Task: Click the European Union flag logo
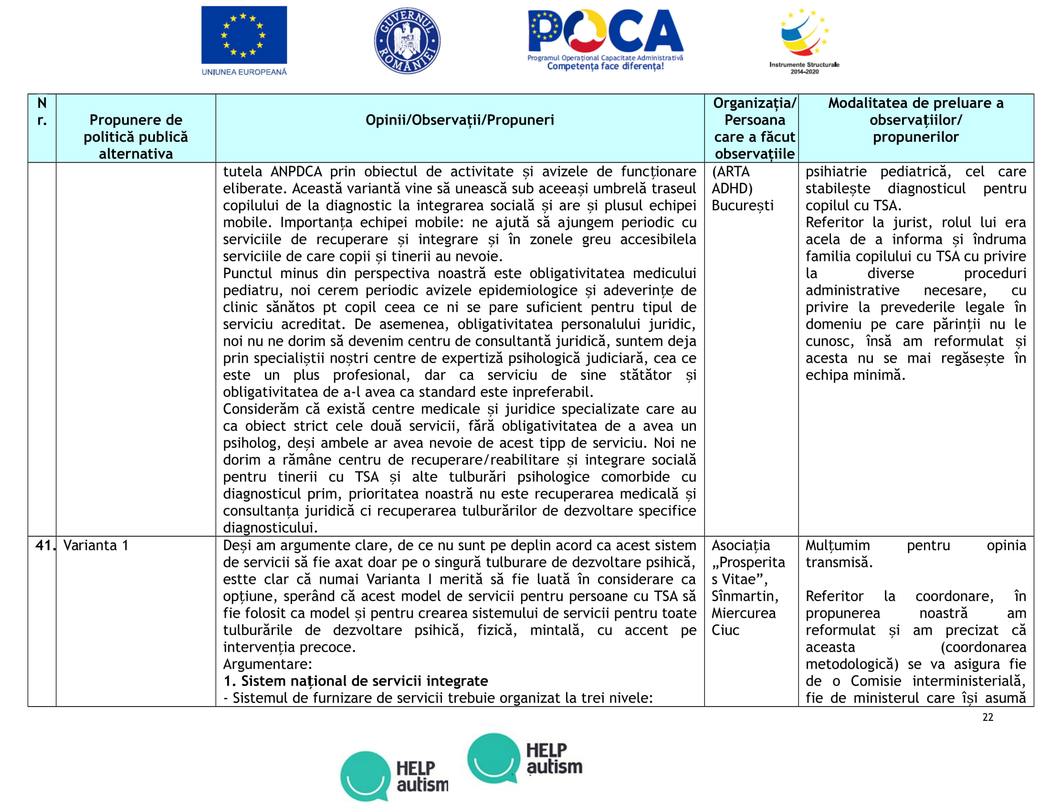[x=244, y=35]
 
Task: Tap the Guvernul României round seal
[x=407, y=41]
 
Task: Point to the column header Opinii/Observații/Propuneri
[x=459, y=120]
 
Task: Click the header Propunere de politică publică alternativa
[x=136, y=137]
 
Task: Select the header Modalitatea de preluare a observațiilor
[x=915, y=120]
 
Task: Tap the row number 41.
[x=43, y=545]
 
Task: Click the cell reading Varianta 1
[x=95, y=545]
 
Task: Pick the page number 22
[x=987, y=717]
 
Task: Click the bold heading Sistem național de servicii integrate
[x=356, y=681]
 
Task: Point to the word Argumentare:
[x=267, y=664]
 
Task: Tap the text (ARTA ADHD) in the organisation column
[x=732, y=180]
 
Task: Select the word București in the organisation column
[x=742, y=206]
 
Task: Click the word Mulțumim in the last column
[x=838, y=545]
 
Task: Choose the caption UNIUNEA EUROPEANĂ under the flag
[x=244, y=72]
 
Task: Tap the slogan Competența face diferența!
[x=605, y=66]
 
